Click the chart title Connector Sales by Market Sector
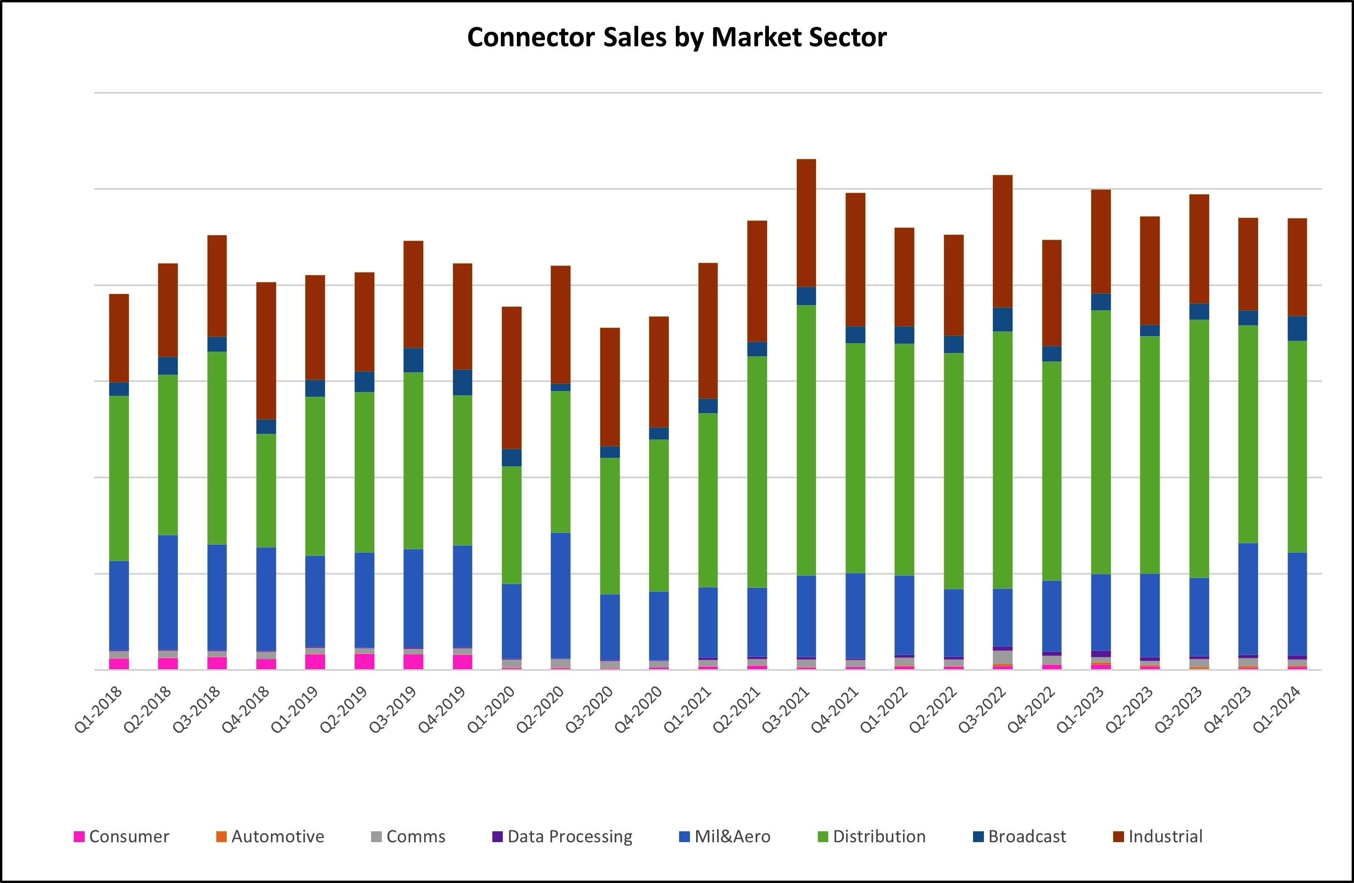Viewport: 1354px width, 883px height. pyautogui.click(x=676, y=38)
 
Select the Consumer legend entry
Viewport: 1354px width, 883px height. pyautogui.click(x=122, y=836)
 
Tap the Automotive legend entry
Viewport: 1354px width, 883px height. pyautogui.click(x=270, y=836)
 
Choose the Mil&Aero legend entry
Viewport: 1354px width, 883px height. pyautogui.click(x=725, y=836)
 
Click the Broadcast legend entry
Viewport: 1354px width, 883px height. pyautogui.click(x=1020, y=836)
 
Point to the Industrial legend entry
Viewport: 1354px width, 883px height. pyautogui.click(x=1158, y=836)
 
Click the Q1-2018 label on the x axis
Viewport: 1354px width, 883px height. pyautogui.click(x=99, y=709)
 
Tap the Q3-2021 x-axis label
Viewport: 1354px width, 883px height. pyautogui.click(x=786, y=709)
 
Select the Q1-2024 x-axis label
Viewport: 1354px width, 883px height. pyautogui.click(x=1278, y=709)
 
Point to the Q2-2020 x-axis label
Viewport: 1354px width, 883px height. pyautogui.click(x=541, y=709)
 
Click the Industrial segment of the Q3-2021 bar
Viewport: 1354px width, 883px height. pyautogui.click(x=806, y=223)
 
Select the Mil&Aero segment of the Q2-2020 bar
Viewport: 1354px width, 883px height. pyautogui.click(x=561, y=595)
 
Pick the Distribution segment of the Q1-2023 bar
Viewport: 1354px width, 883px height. pyautogui.click(x=1101, y=442)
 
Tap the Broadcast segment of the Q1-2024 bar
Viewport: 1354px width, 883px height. pyautogui.click(x=1297, y=328)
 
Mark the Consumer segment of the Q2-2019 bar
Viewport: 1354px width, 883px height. pyautogui.click(x=364, y=661)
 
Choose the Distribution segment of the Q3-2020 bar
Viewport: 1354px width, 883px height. pyautogui.click(x=610, y=526)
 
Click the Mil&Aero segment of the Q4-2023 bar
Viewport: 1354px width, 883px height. pyautogui.click(x=1248, y=599)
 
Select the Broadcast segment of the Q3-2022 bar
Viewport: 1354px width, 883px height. pyautogui.click(x=1002, y=320)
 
